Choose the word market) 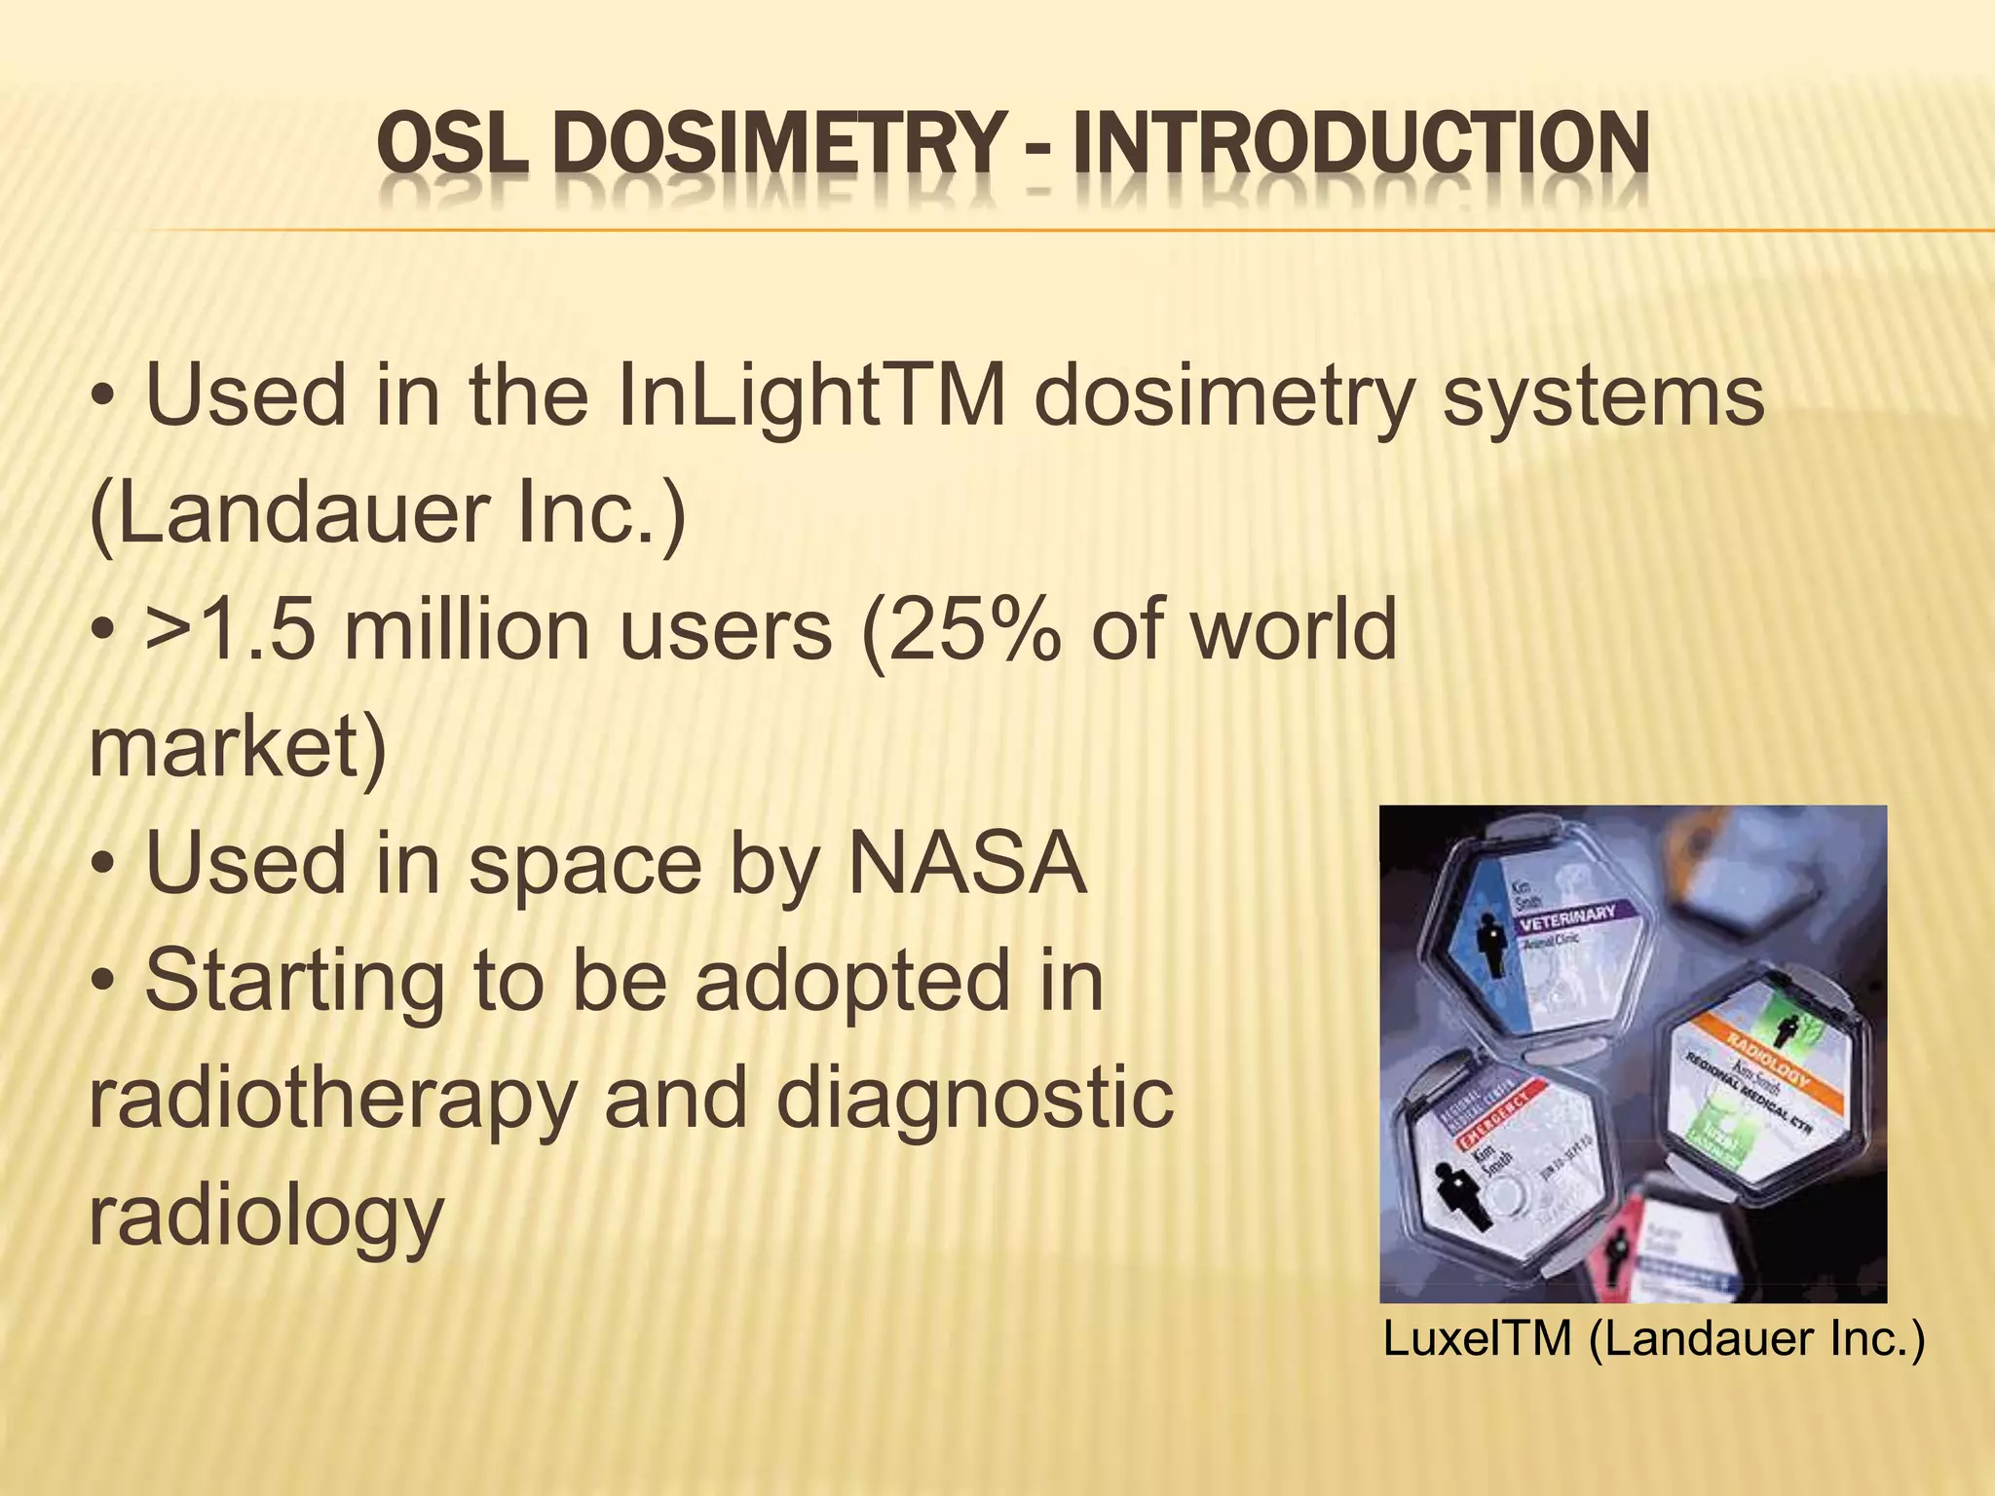click(238, 748)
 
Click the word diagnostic click(974, 1101)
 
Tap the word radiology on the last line click(266, 1217)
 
